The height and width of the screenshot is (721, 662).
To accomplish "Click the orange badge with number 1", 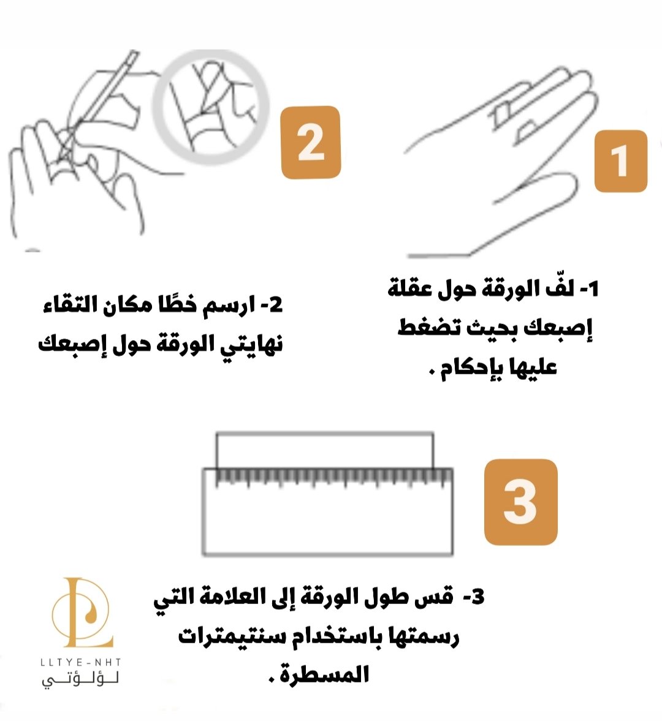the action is tap(620, 160).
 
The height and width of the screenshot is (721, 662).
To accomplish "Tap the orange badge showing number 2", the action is tap(311, 142).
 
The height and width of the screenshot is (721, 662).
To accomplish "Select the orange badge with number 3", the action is tap(521, 502).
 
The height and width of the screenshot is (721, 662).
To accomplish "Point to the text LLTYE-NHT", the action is tap(81, 662).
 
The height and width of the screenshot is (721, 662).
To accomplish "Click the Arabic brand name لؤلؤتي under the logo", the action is tap(81, 679).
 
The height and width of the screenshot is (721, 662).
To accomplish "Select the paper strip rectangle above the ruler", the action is tap(325, 433).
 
